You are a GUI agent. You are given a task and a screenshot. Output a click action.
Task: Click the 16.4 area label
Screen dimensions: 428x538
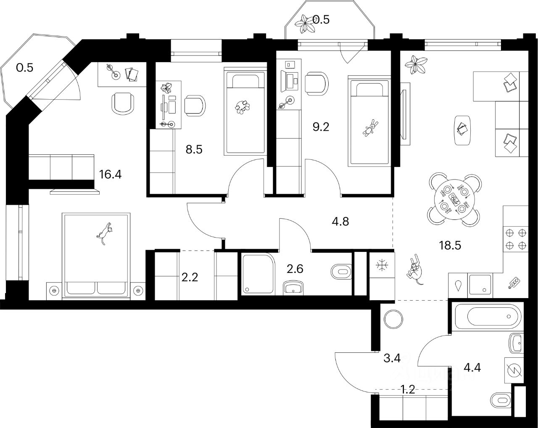[110, 174]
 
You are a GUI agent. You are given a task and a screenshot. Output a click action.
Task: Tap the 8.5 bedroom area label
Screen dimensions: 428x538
[193, 149]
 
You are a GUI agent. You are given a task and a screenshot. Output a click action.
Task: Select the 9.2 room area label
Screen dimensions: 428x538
[320, 126]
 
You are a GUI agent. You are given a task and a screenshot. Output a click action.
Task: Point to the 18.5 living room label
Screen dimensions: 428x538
[450, 245]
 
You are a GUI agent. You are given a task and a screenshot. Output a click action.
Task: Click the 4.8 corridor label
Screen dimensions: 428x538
[340, 221]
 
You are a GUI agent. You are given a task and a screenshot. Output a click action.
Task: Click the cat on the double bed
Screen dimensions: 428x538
[105, 233]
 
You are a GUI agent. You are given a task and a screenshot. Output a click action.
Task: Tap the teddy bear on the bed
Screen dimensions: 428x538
[370, 128]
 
